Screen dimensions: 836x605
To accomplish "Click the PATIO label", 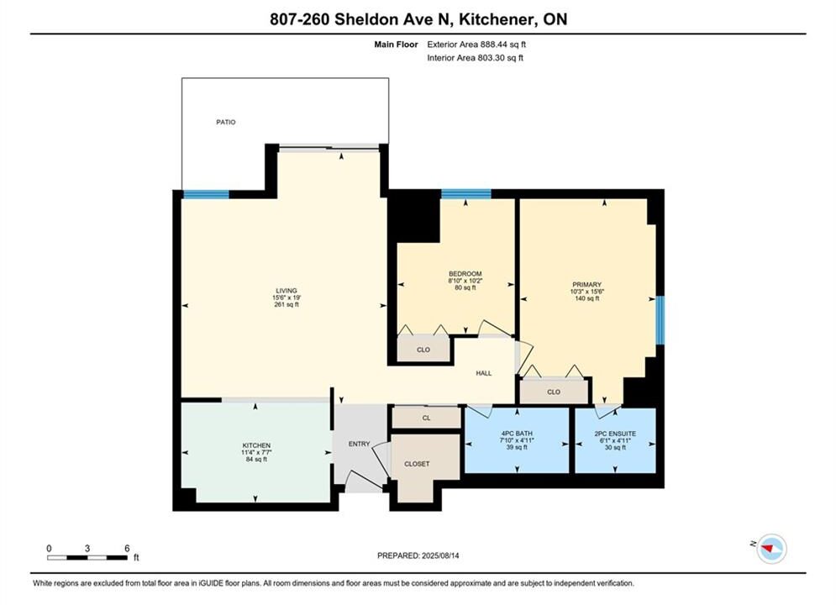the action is point(225,122).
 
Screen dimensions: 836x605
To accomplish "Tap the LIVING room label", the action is point(287,291).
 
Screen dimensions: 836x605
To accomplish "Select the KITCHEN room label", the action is point(256,445).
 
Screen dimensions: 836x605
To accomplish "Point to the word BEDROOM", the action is point(465,274).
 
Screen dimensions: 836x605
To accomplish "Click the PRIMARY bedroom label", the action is point(587,285).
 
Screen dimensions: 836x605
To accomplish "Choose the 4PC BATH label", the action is point(517,434).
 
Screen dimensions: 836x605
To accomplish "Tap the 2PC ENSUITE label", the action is point(615,434).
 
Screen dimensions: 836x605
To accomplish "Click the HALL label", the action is point(484,373).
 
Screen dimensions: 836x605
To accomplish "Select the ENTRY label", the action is point(359,444).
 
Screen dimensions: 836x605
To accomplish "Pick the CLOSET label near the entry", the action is point(417,465).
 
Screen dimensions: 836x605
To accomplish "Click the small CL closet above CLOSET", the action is point(427,418).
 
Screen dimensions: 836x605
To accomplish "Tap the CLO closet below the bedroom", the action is point(423,350).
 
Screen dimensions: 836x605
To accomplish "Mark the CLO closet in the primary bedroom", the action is point(554,392).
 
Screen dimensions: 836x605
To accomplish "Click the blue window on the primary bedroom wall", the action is point(660,320).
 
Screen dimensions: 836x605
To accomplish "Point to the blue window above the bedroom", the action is point(466,194).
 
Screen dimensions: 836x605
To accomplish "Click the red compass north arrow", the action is point(768,547).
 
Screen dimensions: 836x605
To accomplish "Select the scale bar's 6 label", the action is point(127,548).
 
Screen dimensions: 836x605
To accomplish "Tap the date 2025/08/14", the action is point(440,555).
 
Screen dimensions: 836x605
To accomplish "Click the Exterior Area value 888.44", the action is point(496,45).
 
